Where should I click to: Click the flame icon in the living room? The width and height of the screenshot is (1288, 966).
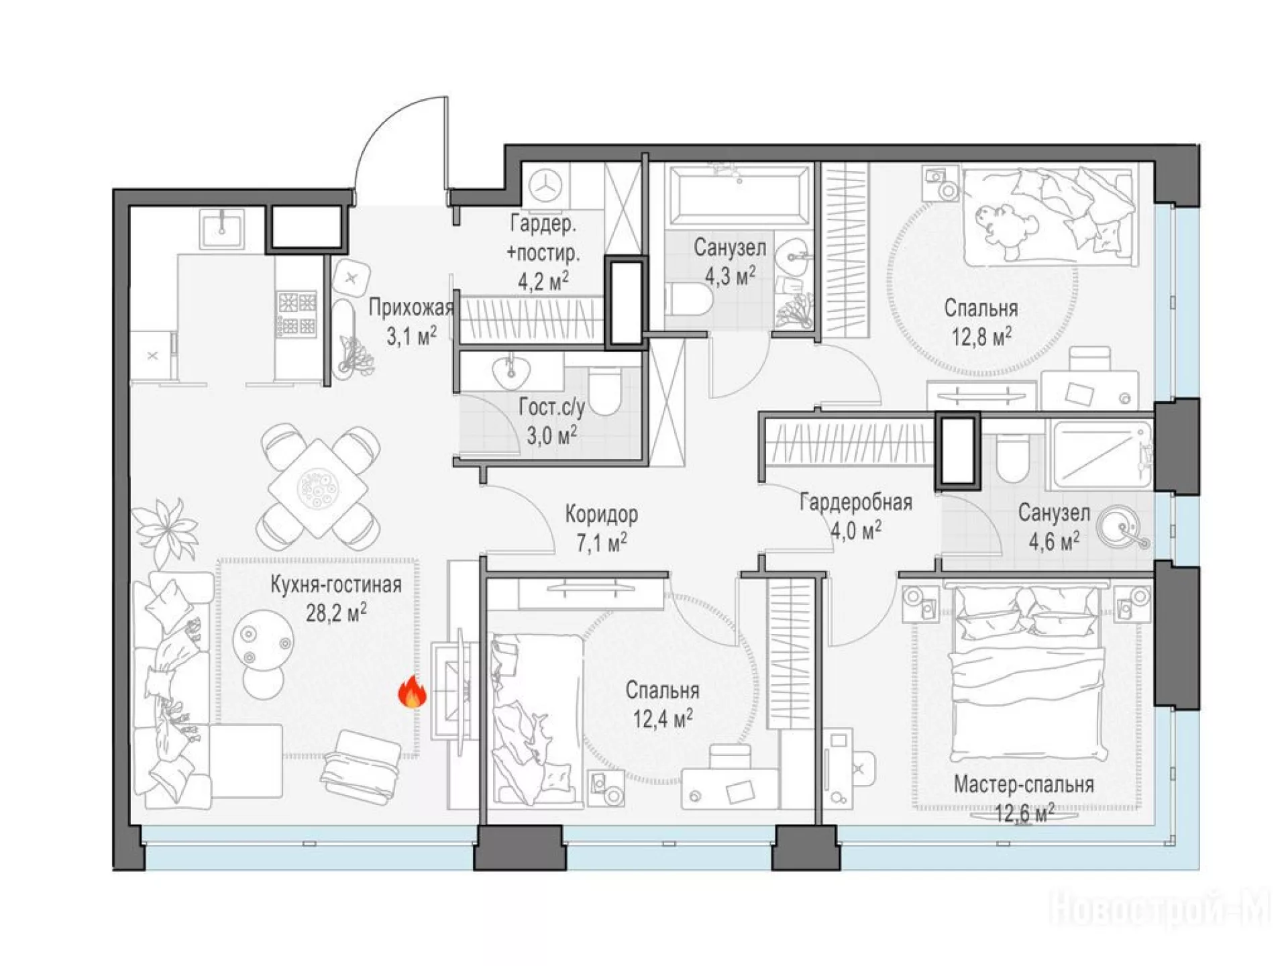tap(413, 692)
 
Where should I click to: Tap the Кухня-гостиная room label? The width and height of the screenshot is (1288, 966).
tap(336, 585)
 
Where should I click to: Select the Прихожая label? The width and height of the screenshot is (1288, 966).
tap(411, 309)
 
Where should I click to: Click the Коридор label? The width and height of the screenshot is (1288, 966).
tap(601, 515)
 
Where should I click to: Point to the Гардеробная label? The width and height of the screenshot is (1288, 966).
tap(855, 502)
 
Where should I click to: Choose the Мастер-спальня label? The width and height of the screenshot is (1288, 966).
tap(1024, 785)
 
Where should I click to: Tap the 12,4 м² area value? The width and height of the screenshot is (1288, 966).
tap(663, 719)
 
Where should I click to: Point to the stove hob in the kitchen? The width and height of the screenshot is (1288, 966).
tap(297, 313)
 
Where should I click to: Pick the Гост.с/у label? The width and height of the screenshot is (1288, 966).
tap(551, 408)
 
